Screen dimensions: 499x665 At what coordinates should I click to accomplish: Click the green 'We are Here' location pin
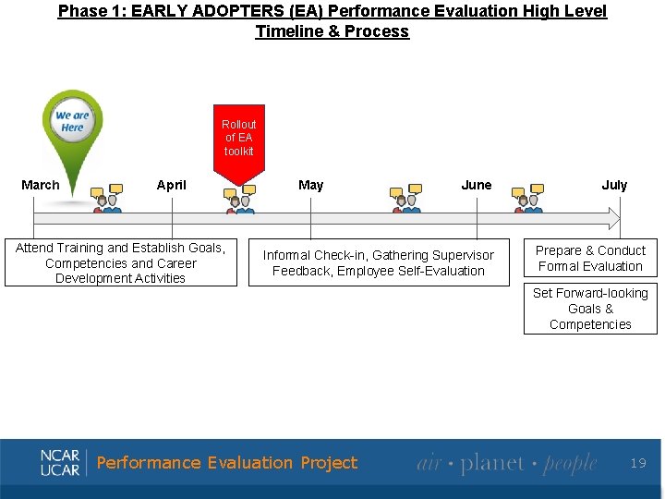click(73, 125)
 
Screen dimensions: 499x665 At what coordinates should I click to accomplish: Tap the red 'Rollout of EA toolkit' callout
click(238, 139)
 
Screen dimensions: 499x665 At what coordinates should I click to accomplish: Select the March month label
click(41, 185)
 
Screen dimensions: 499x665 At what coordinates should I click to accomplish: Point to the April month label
click(172, 185)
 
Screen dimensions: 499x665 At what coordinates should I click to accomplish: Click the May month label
click(311, 185)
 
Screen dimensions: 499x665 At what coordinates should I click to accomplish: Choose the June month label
click(477, 185)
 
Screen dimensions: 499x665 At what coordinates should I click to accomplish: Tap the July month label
click(614, 185)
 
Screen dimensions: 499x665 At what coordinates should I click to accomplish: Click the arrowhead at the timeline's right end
click(612, 218)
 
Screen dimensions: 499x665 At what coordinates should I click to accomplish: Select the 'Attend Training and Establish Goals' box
click(120, 262)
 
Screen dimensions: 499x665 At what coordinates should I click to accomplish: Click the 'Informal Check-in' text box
click(379, 262)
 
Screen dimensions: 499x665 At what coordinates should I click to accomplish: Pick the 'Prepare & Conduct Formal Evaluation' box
click(590, 258)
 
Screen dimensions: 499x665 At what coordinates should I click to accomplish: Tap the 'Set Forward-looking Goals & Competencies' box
click(590, 309)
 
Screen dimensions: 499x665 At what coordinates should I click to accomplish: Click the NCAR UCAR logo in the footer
click(61, 462)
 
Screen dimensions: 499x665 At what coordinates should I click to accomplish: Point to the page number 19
click(638, 463)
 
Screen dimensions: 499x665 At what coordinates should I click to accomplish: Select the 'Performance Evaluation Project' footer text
click(226, 463)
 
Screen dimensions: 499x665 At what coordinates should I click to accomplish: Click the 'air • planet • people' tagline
click(506, 463)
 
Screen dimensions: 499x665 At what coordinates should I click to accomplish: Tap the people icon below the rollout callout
click(239, 200)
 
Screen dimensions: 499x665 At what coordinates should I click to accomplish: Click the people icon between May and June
click(405, 200)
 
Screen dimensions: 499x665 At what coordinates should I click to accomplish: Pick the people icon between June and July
click(529, 200)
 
